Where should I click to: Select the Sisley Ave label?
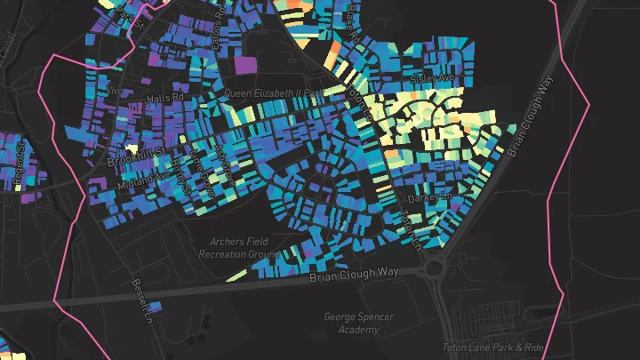(432, 78)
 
